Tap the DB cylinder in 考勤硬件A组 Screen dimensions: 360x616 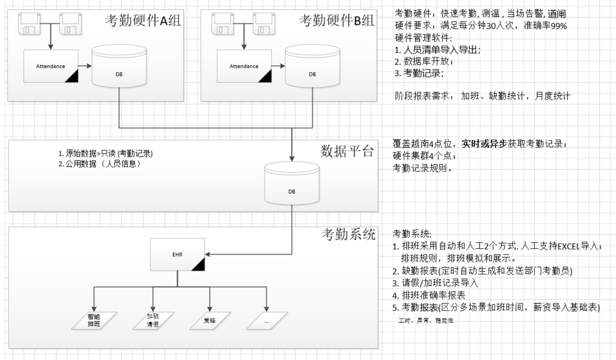click(x=119, y=67)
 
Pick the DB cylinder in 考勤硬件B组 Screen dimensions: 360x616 click(x=312, y=67)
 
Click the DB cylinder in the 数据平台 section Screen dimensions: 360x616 click(x=292, y=185)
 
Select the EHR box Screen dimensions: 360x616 click(x=177, y=254)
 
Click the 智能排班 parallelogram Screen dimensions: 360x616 click(x=94, y=320)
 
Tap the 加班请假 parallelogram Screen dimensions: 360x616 click(x=153, y=320)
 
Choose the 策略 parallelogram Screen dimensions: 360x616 click(x=210, y=320)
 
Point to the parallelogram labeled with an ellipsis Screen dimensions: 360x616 click(x=266, y=320)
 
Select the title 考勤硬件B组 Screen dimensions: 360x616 click(x=336, y=21)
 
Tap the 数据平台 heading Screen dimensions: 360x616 click(x=347, y=151)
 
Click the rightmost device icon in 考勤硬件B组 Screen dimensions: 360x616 click(x=264, y=24)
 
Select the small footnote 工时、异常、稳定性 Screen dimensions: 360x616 click(x=426, y=321)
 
